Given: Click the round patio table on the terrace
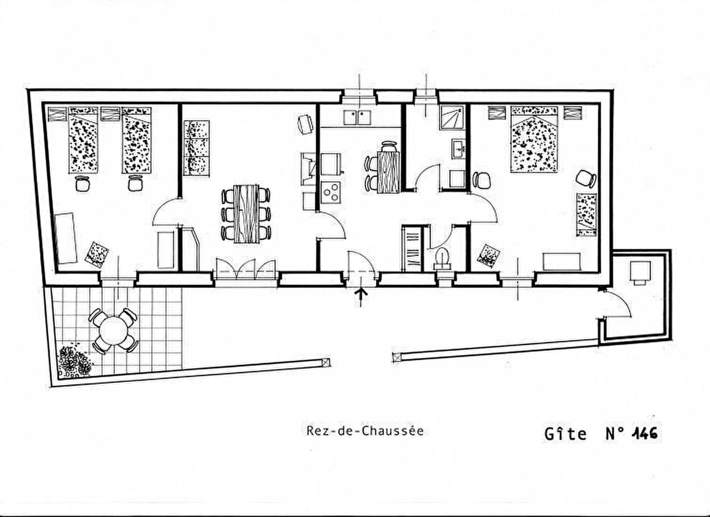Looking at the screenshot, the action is pos(113,331).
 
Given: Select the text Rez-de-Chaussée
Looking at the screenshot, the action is pos(365,431).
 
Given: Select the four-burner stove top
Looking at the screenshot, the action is pos(331,193).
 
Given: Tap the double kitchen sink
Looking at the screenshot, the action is pos(357,117).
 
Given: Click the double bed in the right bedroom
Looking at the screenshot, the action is pos(534,139).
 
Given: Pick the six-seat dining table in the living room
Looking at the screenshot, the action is pos(246,214).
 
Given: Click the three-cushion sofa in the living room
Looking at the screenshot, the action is pos(197,148).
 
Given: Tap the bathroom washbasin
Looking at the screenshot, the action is pos(458,148).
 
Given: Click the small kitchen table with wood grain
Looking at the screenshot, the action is pos(388,172).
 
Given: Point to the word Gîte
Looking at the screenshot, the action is pos(565,434).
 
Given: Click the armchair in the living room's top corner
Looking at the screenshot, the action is pos(305,124).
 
